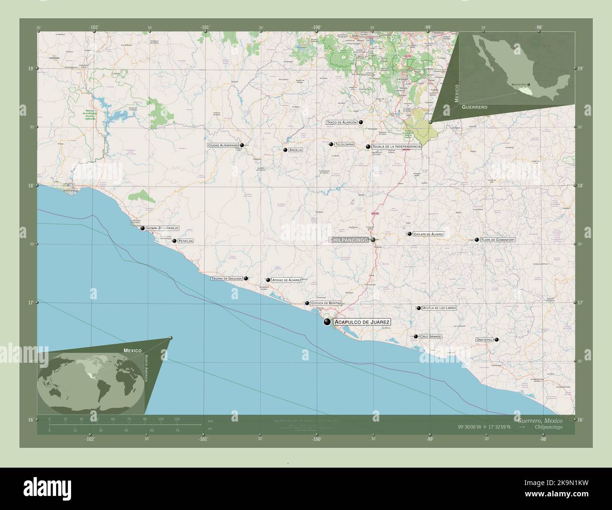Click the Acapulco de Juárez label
point(362,322)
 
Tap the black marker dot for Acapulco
point(327,322)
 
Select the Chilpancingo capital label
point(348,240)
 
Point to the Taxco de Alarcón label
point(342,122)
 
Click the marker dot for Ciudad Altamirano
point(242,145)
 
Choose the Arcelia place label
point(296,150)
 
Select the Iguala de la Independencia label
point(396,147)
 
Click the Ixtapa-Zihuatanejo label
point(162,228)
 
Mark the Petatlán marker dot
point(175,241)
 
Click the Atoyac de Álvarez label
point(287,280)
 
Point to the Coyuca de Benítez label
point(326,303)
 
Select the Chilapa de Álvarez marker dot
point(410,234)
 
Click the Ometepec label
point(484,339)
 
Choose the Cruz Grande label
point(430,337)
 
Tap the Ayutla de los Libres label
point(439,308)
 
